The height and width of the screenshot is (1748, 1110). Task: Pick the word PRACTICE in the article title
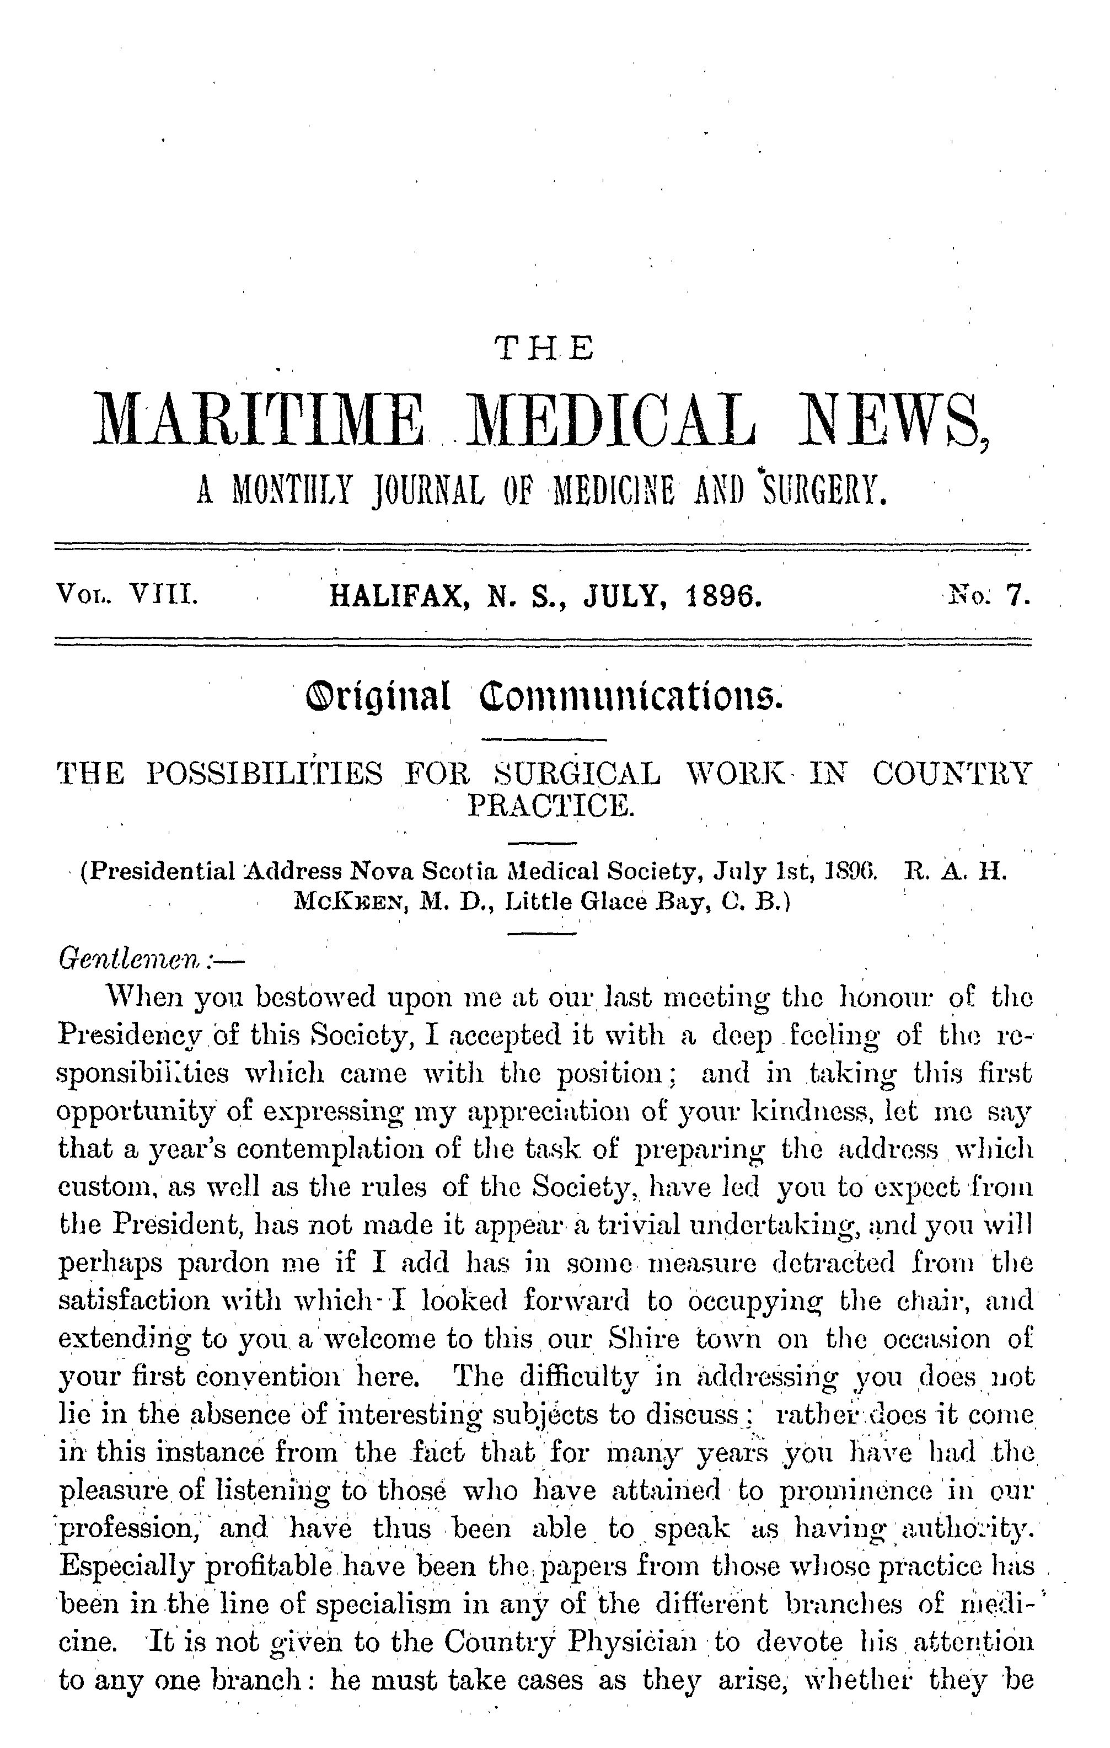click(x=551, y=806)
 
